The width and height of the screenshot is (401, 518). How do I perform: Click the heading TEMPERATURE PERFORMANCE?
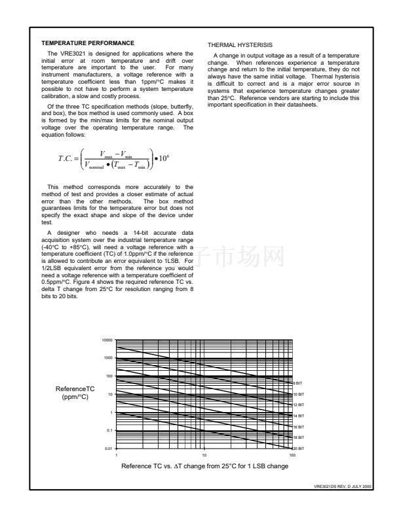(x=87, y=43)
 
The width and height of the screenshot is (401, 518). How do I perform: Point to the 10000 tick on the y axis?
(x=107, y=340)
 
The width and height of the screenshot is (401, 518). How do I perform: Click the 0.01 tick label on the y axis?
(x=108, y=448)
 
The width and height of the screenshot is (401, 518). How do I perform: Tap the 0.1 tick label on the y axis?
(x=109, y=430)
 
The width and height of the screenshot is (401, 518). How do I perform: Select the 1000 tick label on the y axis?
(x=108, y=358)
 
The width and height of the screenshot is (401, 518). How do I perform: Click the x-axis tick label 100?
(x=292, y=455)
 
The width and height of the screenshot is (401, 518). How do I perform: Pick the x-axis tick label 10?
(x=204, y=455)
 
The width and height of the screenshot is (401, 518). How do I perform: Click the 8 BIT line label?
(x=297, y=383)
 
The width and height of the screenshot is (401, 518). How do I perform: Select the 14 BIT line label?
(x=297, y=416)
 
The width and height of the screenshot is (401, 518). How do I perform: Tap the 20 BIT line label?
(x=297, y=447)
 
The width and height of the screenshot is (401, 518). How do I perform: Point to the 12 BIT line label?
(x=297, y=405)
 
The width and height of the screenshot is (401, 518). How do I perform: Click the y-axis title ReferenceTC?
(x=76, y=389)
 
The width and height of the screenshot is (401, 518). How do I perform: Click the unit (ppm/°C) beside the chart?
(x=76, y=397)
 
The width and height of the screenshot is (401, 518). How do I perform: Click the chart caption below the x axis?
(x=204, y=466)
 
